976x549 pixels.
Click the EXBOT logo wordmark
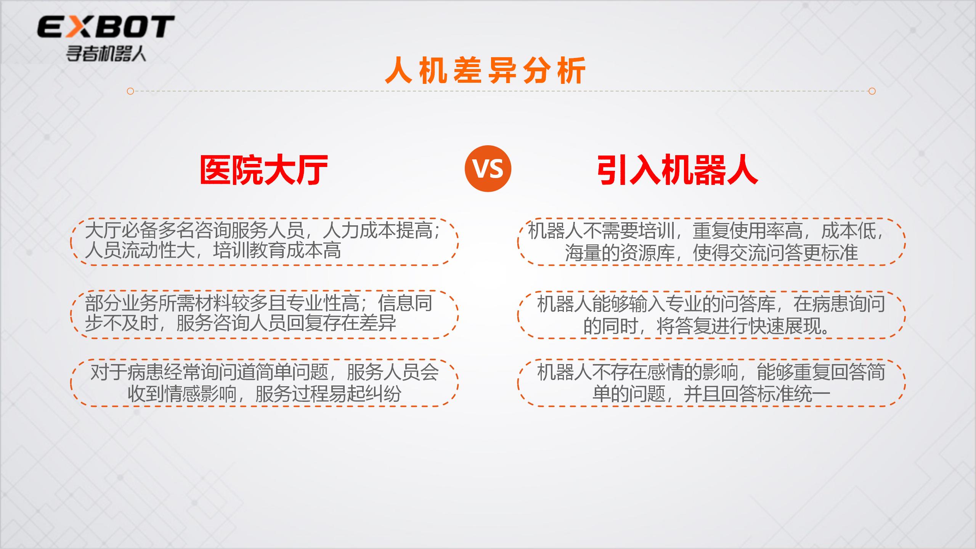click(106, 27)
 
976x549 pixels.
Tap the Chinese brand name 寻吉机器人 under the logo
click(106, 54)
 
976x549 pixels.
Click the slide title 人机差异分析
click(485, 71)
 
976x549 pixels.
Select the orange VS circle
click(488, 169)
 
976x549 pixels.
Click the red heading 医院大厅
click(264, 170)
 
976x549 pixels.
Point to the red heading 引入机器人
click(677, 170)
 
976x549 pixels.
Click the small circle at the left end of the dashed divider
click(130, 91)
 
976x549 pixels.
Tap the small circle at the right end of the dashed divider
click(872, 91)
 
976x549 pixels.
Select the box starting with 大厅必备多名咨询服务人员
click(264, 242)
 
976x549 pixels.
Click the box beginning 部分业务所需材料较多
click(264, 315)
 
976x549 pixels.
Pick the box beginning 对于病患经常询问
click(264, 383)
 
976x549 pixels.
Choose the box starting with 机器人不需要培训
click(711, 242)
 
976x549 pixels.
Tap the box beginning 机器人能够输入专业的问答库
click(711, 315)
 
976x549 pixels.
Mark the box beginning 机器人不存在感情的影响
click(711, 383)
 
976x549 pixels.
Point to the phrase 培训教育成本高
click(277, 251)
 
